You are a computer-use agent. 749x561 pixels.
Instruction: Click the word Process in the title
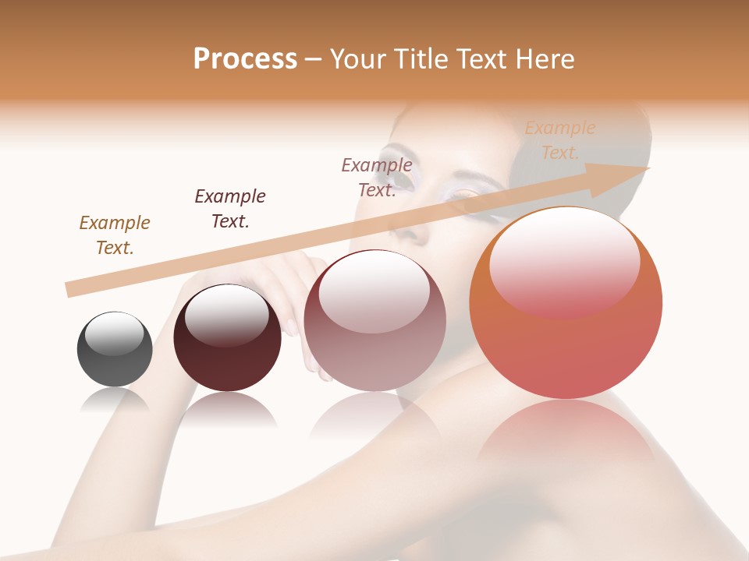245,59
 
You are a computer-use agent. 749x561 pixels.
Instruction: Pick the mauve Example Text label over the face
377,178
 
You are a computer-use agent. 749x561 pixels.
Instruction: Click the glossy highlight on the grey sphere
115,333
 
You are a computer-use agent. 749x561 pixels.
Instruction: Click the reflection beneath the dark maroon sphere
227,409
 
